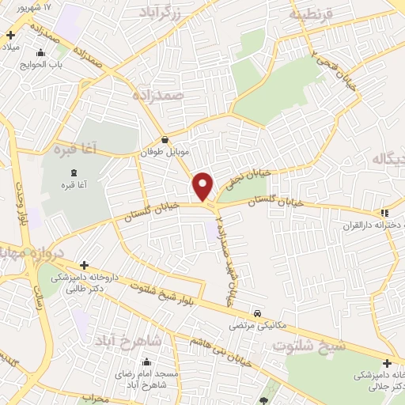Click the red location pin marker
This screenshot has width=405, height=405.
coord(203,185)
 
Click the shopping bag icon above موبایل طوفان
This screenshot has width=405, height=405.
coord(165,139)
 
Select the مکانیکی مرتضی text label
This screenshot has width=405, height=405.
coord(251,325)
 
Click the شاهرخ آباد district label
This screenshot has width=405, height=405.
coord(128,340)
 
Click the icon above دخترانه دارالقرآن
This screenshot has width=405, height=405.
coord(384,212)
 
